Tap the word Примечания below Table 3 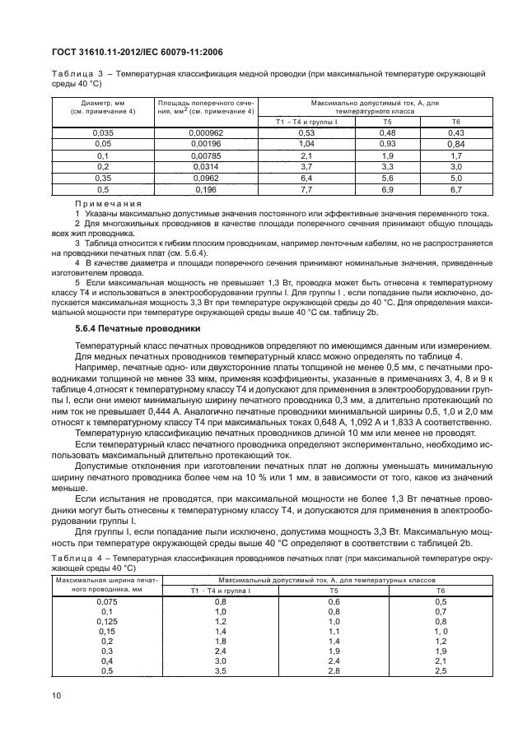(109, 202)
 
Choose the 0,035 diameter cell (102, 132)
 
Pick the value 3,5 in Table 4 (221, 672)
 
